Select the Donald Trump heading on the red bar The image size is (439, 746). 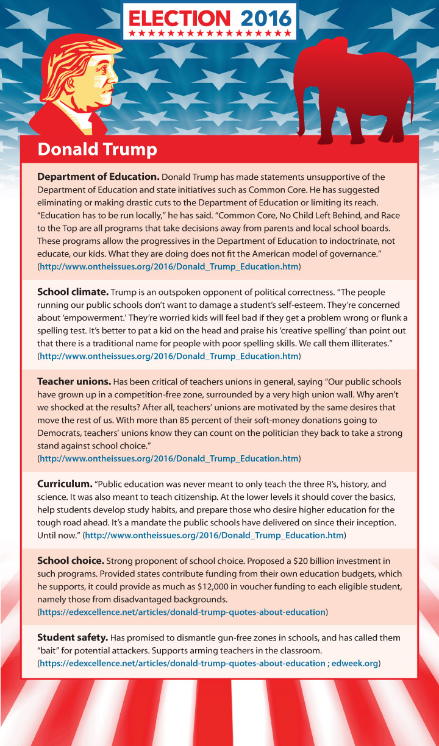pos(98,149)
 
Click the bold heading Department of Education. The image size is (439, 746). pos(98,177)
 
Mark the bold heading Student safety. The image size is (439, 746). pos(73,638)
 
